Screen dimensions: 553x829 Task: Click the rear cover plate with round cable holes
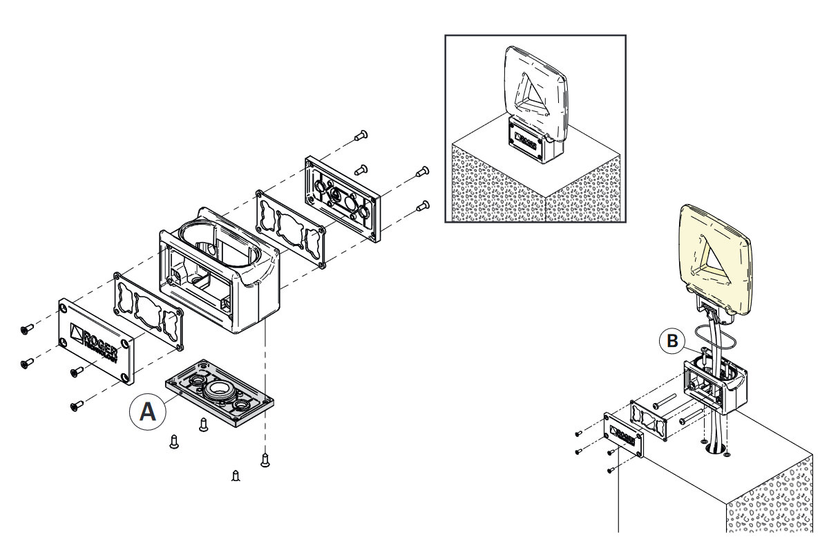coord(341,198)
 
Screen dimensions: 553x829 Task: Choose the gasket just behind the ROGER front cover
coord(149,312)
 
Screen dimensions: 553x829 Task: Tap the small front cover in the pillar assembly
coord(623,435)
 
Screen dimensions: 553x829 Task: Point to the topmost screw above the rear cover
coord(360,135)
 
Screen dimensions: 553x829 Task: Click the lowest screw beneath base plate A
coord(236,476)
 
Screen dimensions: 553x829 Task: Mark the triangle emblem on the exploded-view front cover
coord(75,332)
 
